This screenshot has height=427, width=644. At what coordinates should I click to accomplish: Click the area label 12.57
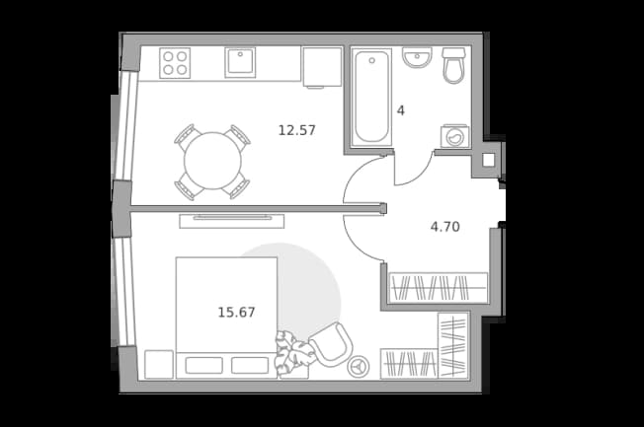[x=297, y=130]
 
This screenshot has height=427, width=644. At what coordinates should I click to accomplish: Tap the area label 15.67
[x=236, y=313]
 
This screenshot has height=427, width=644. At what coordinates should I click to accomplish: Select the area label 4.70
[x=444, y=227]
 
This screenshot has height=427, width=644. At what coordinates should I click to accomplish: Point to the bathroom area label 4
[x=400, y=110]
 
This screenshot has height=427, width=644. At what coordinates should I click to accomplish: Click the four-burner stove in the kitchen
[x=175, y=63]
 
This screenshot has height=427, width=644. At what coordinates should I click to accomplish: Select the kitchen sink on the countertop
[x=240, y=62]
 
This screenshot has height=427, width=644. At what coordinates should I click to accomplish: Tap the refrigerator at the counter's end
[x=322, y=67]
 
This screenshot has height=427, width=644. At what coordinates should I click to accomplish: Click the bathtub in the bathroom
[x=371, y=97]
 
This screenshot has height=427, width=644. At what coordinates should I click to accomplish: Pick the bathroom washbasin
[x=417, y=57]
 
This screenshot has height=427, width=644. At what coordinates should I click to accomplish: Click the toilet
[x=453, y=65]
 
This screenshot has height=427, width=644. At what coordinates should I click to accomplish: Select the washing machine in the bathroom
[x=455, y=136]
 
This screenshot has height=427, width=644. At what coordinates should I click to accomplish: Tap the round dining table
[x=212, y=161]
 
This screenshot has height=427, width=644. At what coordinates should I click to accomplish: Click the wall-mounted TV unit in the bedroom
[x=232, y=221]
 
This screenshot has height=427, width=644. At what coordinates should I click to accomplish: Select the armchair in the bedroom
[x=331, y=344]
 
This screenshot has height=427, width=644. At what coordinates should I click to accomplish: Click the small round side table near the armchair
[x=359, y=366]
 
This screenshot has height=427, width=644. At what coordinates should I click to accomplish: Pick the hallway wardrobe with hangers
[x=439, y=288]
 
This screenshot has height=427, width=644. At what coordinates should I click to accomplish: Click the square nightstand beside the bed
[x=159, y=364]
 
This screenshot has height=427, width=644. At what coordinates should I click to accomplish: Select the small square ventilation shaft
[x=488, y=160]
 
